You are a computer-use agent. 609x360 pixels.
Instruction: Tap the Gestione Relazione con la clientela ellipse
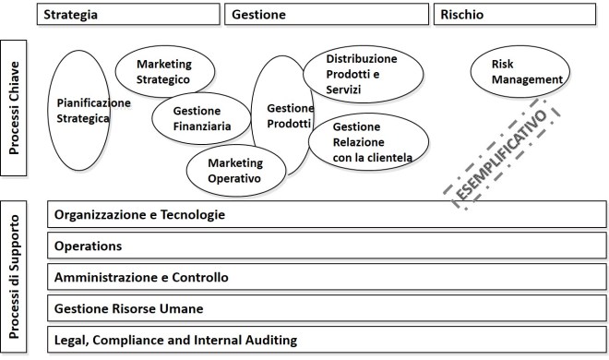coord(368,142)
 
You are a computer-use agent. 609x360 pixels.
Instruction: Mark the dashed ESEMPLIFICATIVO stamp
coord(502,156)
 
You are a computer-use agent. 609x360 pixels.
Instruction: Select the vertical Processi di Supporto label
coord(15,277)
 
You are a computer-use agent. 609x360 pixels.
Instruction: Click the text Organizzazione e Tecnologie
coord(140,215)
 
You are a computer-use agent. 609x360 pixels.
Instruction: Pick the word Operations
coord(89,246)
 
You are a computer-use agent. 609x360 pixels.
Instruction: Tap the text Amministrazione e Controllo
coord(141,277)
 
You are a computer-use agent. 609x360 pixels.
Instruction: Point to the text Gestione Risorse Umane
coord(129,308)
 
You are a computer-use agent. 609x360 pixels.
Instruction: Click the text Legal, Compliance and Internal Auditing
coord(175,340)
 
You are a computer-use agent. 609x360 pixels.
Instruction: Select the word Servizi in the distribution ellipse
coord(343,90)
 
